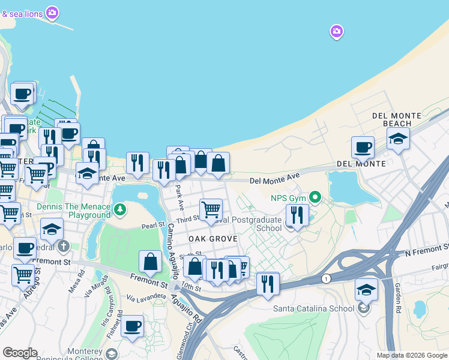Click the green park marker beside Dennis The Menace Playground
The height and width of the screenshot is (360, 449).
[x=121, y=209]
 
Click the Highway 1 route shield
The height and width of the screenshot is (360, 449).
[x=325, y=278]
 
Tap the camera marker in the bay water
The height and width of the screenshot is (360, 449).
[x=336, y=31]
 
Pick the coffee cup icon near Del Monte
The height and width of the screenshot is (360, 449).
[x=363, y=147]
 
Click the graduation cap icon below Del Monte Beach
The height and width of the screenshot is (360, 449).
[x=398, y=138]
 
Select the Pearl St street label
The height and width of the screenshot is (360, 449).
[x=153, y=226]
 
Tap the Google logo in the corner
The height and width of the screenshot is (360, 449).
[x=20, y=352]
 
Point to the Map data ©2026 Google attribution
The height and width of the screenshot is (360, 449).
[x=412, y=355]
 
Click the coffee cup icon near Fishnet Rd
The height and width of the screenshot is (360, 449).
[x=132, y=326]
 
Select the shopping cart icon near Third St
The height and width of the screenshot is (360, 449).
[x=211, y=209]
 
